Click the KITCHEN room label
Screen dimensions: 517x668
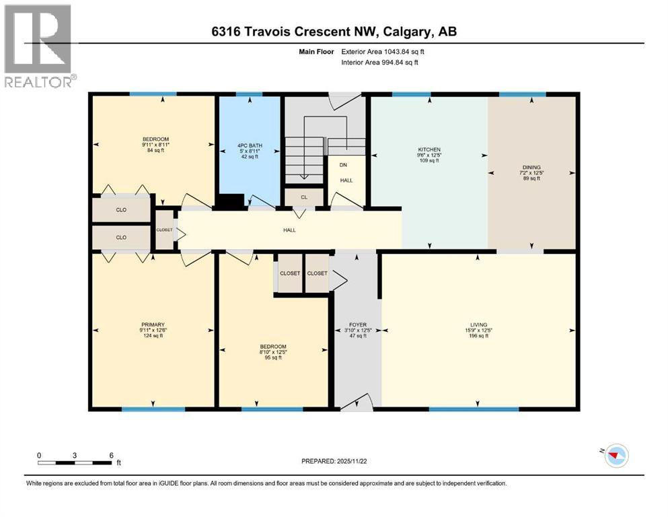(x=429, y=149)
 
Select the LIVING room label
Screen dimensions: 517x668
(x=478, y=324)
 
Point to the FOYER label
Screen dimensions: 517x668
(x=357, y=324)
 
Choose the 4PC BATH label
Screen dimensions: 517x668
(x=249, y=146)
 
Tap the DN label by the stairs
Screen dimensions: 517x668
(x=343, y=165)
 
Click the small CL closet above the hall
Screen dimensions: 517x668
(x=304, y=197)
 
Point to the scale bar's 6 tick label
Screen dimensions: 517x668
(x=111, y=454)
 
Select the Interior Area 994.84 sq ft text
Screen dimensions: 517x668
(x=381, y=62)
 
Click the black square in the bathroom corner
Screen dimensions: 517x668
(x=231, y=201)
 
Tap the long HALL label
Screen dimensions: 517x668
(x=289, y=230)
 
